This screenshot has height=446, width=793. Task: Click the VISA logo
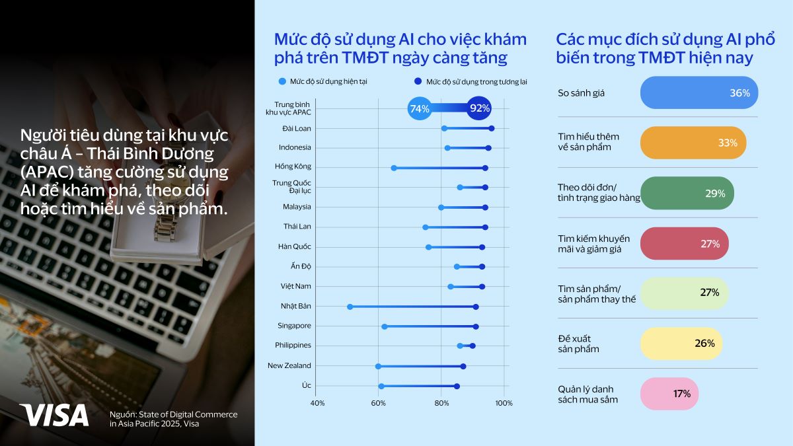[54, 414]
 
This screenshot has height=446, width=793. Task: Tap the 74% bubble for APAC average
[420, 108]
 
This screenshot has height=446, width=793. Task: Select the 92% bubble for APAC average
[479, 108]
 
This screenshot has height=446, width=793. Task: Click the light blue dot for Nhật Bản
[350, 307]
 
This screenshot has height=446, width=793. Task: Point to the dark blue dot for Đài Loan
[492, 128]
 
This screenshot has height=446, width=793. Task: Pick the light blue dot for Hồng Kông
[394, 168]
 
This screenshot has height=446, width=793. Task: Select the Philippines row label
[293, 346]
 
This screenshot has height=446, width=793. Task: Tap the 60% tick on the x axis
[378, 403]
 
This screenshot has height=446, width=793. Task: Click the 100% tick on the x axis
[504, 403]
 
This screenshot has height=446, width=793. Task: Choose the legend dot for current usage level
[283, 82]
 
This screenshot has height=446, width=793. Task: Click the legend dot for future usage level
[418, 82]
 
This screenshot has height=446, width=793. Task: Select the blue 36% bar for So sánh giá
[699, 93]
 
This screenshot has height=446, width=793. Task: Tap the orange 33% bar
[693, 143]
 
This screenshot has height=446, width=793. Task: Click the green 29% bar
[687, 193]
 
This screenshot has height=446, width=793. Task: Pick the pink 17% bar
[669, 394]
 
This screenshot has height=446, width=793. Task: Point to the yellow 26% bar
[681, 344]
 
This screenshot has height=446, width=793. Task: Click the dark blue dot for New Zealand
[463, 366]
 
